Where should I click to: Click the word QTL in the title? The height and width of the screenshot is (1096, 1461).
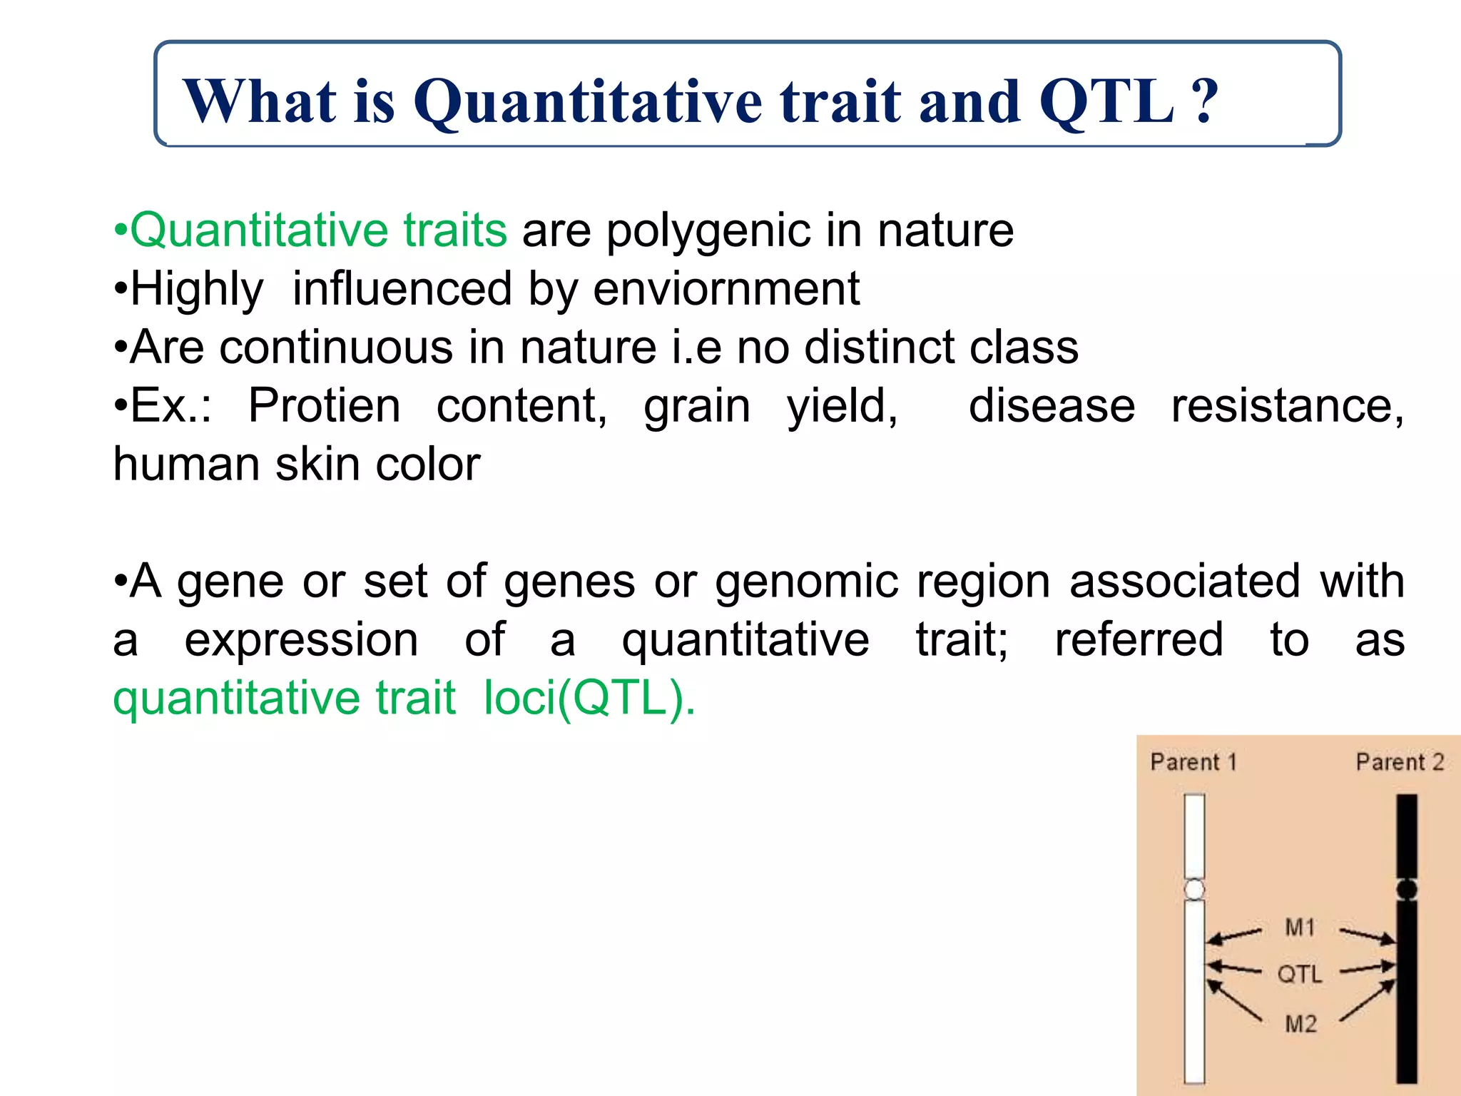1106,101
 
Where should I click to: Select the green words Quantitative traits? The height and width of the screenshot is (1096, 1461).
318,230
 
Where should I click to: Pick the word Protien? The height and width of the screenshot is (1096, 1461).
324,406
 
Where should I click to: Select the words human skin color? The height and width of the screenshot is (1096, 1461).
297,465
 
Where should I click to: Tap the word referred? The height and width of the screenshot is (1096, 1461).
1139,639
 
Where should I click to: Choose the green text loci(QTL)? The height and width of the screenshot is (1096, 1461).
589,698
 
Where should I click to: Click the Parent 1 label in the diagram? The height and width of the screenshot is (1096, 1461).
1193,762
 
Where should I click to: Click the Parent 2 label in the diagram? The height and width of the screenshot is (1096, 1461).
1399,762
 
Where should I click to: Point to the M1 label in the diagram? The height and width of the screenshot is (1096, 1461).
1300,928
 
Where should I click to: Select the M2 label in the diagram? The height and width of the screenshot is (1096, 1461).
1300,1024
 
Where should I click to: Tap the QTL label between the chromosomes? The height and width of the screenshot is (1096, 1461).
1299,975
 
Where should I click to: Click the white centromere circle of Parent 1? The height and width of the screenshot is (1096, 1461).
1194,889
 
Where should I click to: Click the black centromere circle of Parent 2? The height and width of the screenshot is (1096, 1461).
1406,889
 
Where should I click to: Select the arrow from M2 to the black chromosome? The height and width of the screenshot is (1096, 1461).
1367,1002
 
